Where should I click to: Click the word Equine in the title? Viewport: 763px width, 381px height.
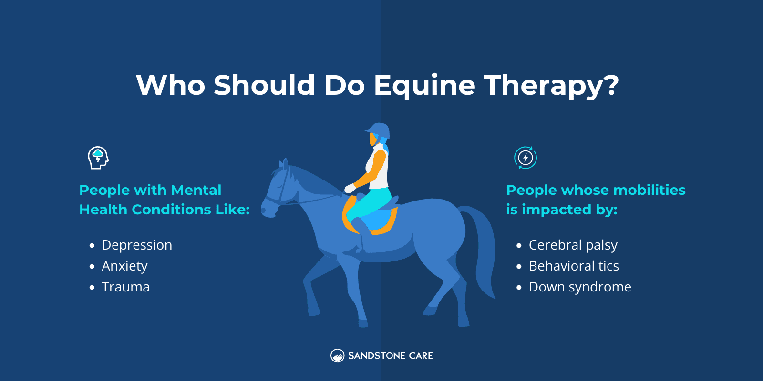point(424,86)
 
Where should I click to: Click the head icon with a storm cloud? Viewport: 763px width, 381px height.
point(98,158)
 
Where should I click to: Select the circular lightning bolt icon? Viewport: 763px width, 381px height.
point(526,158)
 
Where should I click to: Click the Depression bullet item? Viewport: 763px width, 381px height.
point(137,245)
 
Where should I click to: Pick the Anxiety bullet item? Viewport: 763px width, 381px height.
point(124,266)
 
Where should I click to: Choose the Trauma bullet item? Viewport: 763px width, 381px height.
point(125,287)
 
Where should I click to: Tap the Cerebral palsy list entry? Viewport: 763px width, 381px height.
point(573,245)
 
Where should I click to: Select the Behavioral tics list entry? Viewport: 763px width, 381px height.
point(574,266)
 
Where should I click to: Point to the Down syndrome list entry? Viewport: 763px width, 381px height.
point(580,287)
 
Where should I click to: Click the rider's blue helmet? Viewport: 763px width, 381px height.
point(379,130)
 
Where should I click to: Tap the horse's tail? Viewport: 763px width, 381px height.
point(482,248)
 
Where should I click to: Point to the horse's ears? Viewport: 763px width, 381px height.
point(284,164)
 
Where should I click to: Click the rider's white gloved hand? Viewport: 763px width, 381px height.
point(350,189)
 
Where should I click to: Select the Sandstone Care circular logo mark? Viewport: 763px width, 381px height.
point(337,356)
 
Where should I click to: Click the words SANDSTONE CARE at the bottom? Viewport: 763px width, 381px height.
point(390,356)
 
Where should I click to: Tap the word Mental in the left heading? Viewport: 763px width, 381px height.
point(196,190)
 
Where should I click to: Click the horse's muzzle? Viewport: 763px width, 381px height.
point(267,210)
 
